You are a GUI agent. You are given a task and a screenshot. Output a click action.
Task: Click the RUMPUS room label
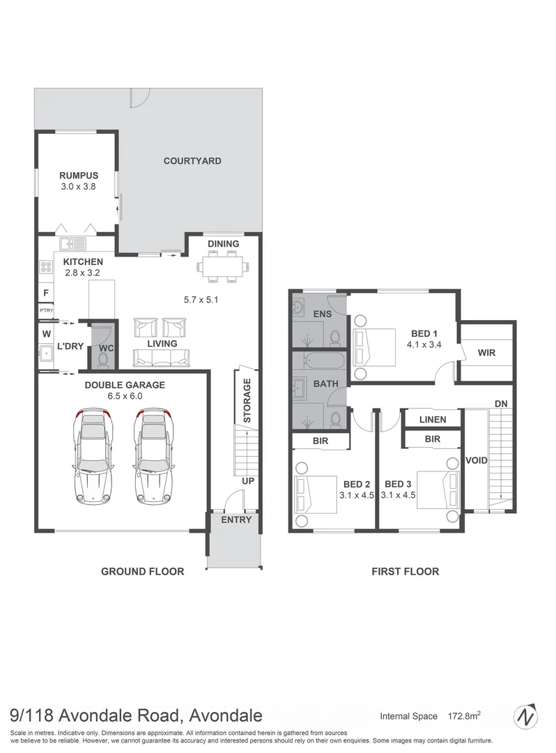click(x=78, y=176)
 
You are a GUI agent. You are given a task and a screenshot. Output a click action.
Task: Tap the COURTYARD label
click(x=192, y=161)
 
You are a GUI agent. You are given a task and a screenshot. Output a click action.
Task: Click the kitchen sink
click(x=72, y=244)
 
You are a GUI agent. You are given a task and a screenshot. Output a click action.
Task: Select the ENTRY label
click(x=235, y=520)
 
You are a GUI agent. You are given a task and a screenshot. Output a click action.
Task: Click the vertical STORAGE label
click(x=247, y=401)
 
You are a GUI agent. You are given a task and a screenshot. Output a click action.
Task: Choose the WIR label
click(x=486, y=353)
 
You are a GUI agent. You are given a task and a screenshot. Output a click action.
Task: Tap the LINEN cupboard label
click(x=433, y=419)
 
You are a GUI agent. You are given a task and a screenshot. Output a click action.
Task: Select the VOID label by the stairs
click(x=477, y=461)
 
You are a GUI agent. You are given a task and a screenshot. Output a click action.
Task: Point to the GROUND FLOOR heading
click(x=142, y=572)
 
